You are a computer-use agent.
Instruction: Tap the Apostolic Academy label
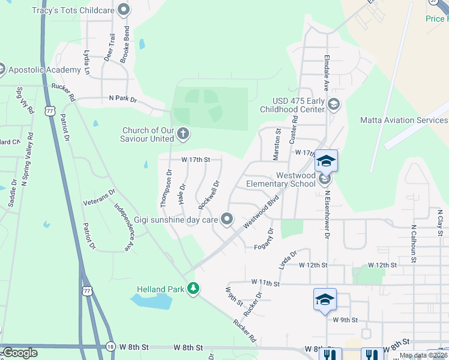[44, 70]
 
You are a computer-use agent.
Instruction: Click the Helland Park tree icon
[193, 289]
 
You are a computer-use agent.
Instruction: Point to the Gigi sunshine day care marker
[227, 220]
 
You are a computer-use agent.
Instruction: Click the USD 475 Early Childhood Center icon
[334, 106]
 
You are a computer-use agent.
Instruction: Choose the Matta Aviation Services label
[403, 120]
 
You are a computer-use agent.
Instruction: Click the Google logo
[20, 353]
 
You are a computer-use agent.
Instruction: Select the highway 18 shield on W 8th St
[110, 347]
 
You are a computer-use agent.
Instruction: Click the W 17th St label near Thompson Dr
[196, 160]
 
